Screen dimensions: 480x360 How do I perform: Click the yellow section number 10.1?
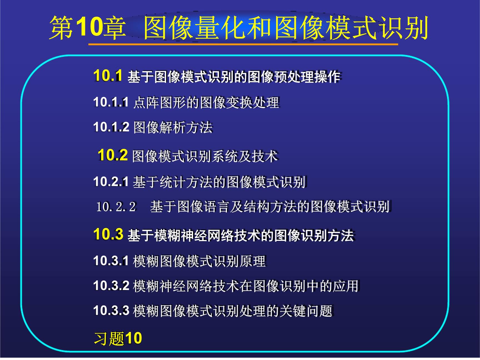click(108, 76)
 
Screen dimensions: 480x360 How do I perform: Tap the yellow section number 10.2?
click(112, 155)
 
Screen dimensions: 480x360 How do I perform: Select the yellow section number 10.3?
click(108, 234)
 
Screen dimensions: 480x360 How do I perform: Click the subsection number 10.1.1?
click(111, 102)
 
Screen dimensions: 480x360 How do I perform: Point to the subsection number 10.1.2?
click(111, 127)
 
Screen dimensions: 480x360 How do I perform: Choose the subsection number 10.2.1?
click(111, 182)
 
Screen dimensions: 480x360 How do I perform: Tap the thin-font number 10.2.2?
click(116, 207)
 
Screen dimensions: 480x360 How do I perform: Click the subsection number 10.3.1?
click(111, 261)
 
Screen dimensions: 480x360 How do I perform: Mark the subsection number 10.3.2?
click(111, 286)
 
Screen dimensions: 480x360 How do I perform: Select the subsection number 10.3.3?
click(111, 310)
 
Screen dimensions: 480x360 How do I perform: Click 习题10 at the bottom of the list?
click(118, 338)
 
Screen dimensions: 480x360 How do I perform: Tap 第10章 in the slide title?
click(87, 27)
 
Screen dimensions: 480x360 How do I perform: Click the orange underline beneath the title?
click(243, 44)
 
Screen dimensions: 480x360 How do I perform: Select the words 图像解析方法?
click(173, 127)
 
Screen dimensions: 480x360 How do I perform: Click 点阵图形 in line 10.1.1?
click(159, 102)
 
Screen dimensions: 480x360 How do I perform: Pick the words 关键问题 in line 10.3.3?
click(306, 311)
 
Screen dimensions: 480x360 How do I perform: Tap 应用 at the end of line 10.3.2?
click(346, 286)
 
